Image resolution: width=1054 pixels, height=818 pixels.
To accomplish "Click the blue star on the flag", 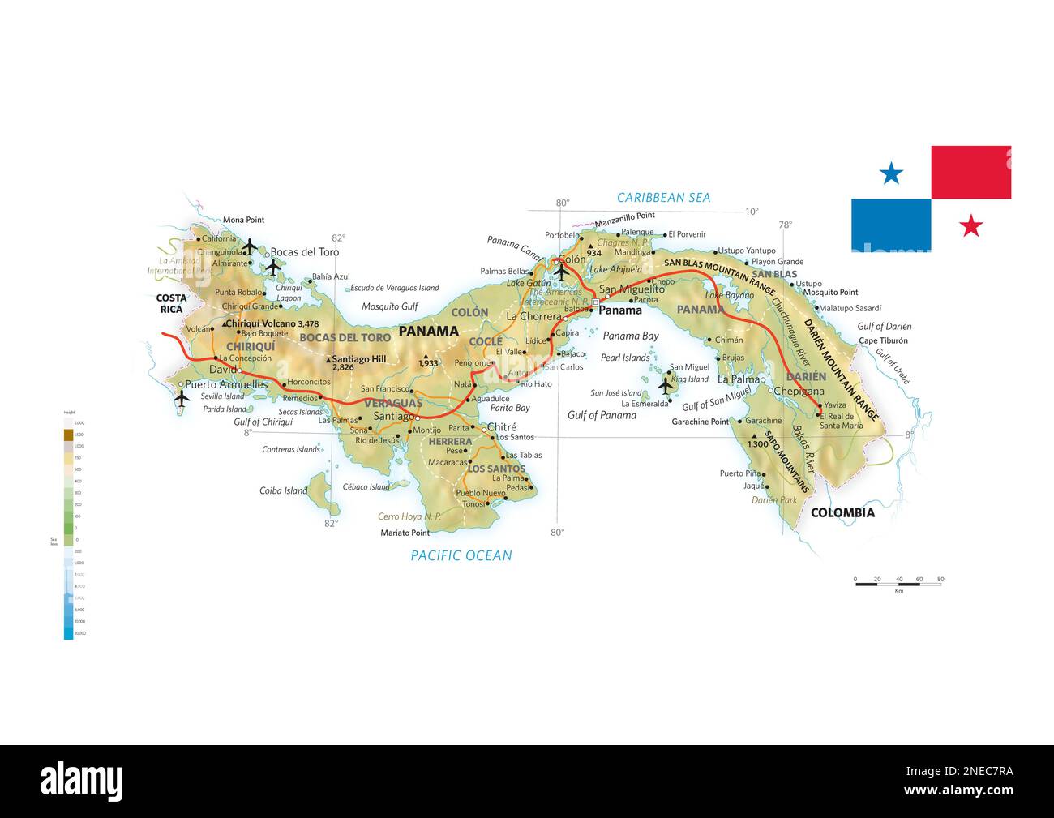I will point(891,173).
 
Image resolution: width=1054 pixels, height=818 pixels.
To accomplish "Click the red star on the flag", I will point(970,225).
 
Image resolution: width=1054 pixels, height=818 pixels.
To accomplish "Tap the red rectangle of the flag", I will point(970,172).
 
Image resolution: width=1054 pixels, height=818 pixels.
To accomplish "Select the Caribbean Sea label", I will point(663,197).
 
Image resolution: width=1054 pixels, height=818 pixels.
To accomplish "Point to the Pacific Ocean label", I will point(461,555).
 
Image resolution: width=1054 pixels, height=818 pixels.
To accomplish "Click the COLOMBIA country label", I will point(842,512).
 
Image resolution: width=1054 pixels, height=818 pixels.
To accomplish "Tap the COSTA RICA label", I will point(171,303).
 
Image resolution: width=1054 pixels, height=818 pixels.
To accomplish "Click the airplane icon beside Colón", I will point(561,272).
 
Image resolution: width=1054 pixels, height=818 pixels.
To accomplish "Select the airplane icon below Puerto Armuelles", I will point(181,398).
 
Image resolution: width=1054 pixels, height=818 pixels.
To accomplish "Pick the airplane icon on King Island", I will point(666,386).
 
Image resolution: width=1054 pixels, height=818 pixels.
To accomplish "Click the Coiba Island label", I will point(283,490).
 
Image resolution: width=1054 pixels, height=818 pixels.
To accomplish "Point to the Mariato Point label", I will point(405,533).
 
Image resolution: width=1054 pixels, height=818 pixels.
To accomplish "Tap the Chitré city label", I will point(502,427).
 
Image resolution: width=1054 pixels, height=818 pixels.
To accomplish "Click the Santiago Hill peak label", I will point(358,359).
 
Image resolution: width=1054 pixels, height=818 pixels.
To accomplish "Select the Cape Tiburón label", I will point(883,340).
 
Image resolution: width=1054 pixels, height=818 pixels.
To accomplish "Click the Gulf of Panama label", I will point(602,415).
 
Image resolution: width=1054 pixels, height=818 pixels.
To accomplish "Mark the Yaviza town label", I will point(834,405).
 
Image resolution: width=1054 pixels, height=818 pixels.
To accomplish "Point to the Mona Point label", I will point(243,220).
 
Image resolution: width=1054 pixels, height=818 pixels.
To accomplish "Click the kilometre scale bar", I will point(898,583).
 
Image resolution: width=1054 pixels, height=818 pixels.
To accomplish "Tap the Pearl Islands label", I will point(625,358).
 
